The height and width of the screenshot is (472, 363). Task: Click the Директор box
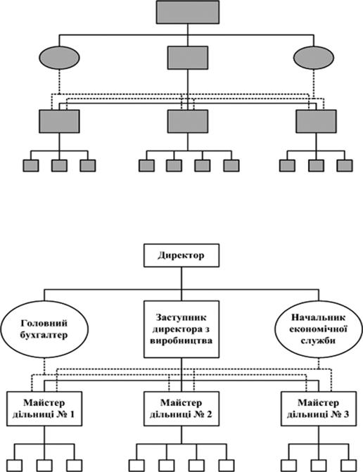pyautogui.click(x=181, y=255)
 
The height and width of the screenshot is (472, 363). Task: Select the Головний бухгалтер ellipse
pyautogui.click(x=44, y=329)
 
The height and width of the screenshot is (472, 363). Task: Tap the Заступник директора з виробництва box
pyautogui.click(x=181, y=329)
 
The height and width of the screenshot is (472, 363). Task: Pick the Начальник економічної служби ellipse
pyautogui.click(x=319, y=329)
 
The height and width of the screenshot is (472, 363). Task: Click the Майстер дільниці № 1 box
pyautogui.click(x=44, y=409)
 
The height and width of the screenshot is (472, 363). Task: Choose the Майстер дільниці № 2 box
pyautogui.click(x=181, y=409)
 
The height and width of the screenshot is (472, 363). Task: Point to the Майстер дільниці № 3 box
pyautogui.click(x=319, y=409)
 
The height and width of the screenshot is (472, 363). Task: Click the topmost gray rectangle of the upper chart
pyautogui.click(x=188, y=12)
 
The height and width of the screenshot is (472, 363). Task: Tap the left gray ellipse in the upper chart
pyautogui.click(x=59, y=58)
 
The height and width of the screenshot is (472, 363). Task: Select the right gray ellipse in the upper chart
pyautogui.click(x=314, y=58)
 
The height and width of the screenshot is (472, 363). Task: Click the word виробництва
pyautogui.click(x=181, y=340)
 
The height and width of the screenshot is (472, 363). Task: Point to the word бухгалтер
pyautogui.click(x=44, y=335)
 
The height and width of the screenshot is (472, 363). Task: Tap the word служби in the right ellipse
pyautogui.click(x=318, y=340)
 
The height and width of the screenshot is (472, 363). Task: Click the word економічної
pyautogui.click(x=319, y=329)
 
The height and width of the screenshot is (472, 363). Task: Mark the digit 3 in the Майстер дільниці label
pyautogui.click(x=346, y=414)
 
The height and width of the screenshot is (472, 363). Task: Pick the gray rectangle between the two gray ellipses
pyautogui.click(x=188, y=58)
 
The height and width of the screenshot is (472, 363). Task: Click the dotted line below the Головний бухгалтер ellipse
pyautogui.click(x=44, y=366)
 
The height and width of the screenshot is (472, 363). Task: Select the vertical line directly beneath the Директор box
pyautogui.click(x=181, y=283)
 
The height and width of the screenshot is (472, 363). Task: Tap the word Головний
pyautogui.click(x=44, y=324)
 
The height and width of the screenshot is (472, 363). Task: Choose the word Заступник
pyautogui.click(x=181, y=317)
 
